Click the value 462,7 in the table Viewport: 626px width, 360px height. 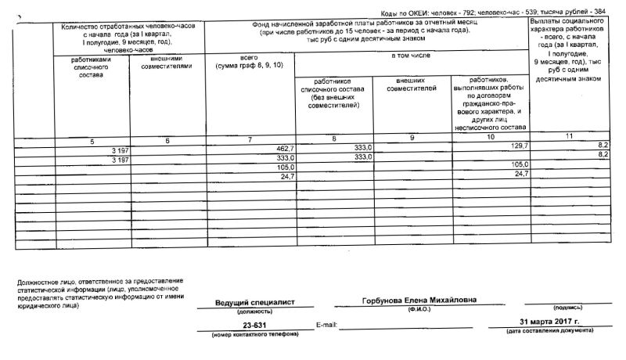[x=279, y=148]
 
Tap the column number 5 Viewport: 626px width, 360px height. [x=92, y=140]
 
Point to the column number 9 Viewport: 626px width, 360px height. [x=412, y=139]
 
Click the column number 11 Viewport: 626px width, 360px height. [x=569, y=139]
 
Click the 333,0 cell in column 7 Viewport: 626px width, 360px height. [x=280, y=157]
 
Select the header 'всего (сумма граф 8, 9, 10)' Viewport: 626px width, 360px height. [x=248, y=62]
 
